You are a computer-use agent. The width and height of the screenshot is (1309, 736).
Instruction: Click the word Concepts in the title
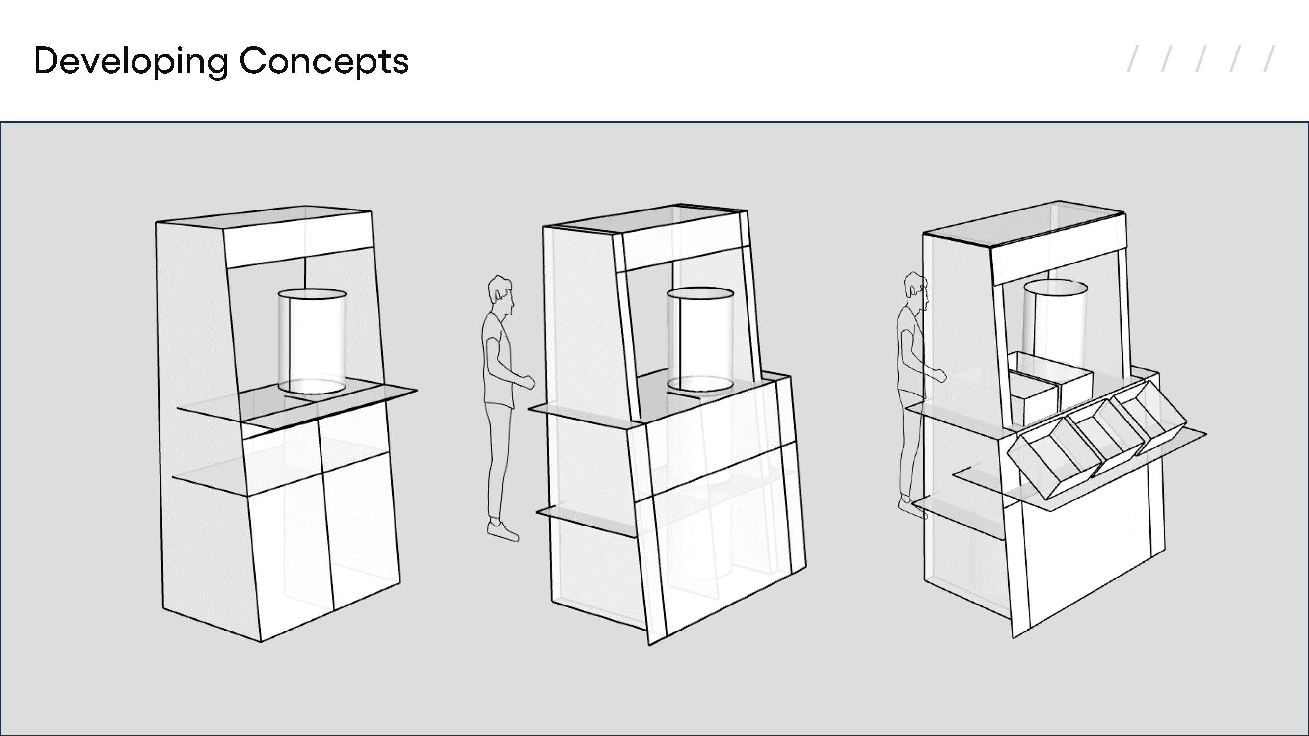[324, 61]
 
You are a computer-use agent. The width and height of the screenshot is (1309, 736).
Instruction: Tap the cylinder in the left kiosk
[312, 342]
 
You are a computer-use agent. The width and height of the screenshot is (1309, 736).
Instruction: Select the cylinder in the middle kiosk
[700, 340]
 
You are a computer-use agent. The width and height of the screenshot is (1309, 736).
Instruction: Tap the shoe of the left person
[503, 530]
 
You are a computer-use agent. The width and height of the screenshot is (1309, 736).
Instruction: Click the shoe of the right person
[912, 508]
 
